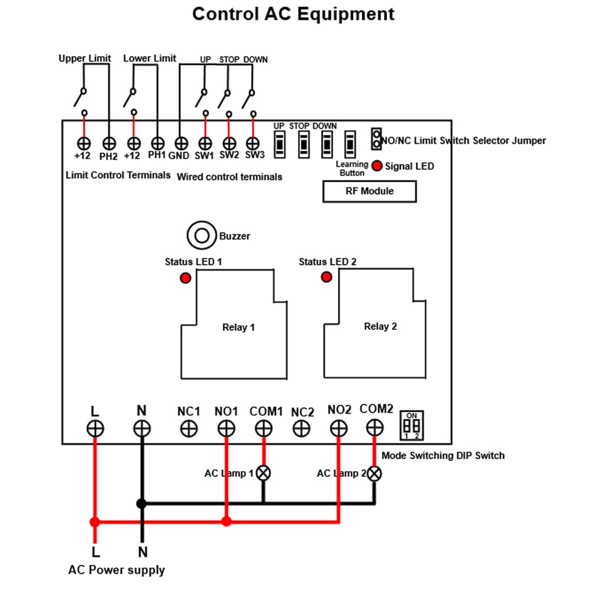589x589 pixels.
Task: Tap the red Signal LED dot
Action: coord(377,166)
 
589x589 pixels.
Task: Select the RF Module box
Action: coord(369,191)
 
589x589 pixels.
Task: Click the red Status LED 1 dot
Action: coord(186,277)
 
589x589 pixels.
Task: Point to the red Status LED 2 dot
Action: coord(326,277)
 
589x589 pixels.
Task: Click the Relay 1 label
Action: coord(238,327)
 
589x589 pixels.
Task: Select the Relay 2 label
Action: coord(380,326)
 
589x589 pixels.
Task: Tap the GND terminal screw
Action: coord(181,143)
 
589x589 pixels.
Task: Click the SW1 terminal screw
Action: coord(205,143)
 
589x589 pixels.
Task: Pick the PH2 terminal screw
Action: coord(109,143)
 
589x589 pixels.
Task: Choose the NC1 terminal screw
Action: coord(189,428)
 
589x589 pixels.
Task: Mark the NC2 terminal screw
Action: coord(302,428)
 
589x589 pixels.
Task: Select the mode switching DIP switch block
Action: coord(412,425)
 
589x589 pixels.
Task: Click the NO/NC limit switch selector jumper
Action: coord(376,139)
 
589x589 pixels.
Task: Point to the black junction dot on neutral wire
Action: coord(141,504)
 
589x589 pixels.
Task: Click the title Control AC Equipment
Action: coord(293,14)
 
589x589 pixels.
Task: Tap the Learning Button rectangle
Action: coord(350,143)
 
